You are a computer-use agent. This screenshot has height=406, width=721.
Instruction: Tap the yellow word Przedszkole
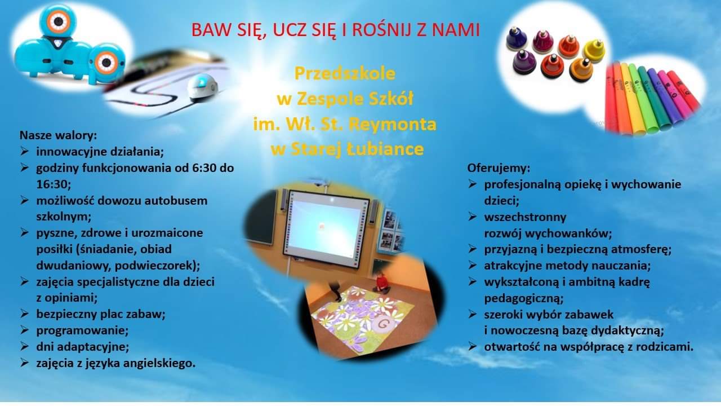click(x=345, y=74)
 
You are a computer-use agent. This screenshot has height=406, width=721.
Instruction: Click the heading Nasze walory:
click(x=58, y=135)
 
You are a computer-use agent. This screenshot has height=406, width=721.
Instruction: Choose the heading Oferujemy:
click(x=499, y=168)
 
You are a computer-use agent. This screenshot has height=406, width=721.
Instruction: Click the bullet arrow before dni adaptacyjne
click(x=24, y=346)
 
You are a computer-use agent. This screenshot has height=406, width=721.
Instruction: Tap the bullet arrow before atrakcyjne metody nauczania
click(x=472, y=265)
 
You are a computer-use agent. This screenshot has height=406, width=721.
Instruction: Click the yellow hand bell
click(x=594, y=51)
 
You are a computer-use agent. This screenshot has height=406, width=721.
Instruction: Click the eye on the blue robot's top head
click(x=58, y=21)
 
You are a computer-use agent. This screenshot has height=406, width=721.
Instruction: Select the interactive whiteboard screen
click(x=326, y=230)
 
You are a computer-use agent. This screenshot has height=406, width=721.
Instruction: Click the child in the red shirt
click(x=382, y=282)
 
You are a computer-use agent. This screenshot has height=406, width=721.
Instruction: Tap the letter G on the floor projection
click(x=383, y=324)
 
